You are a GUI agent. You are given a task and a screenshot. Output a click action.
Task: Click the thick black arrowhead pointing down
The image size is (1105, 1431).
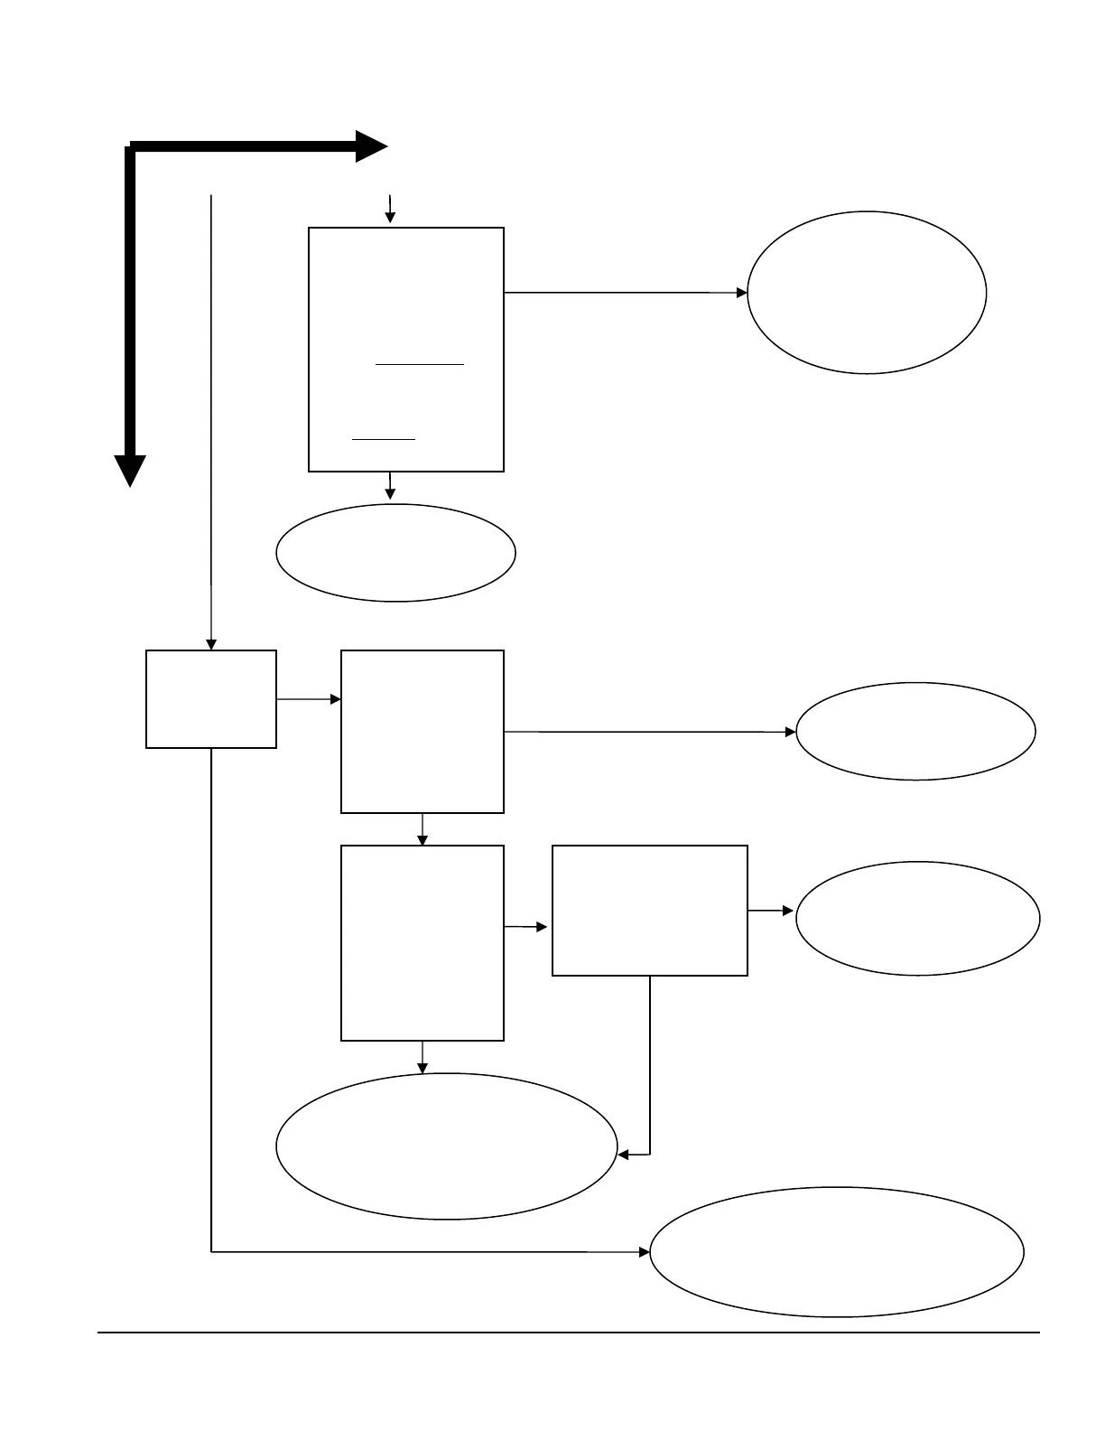pyautogui.click(x=130, y=470)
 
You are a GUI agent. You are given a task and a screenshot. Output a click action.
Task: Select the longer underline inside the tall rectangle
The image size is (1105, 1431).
pyautogui.click(x=420, y=364)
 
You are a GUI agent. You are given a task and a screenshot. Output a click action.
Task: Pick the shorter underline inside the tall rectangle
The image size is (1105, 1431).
pyautogui.click(x=384, y=439)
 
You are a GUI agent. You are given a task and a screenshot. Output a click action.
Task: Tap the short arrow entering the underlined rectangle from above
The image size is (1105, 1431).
pyautogui.click(x=390, y=209)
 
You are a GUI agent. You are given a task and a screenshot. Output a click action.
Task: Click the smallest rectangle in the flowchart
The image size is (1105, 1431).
pyautogui.click(x=211, y=698)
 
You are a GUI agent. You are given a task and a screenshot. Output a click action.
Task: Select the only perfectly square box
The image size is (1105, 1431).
pyautogui.click(x=422, y=731)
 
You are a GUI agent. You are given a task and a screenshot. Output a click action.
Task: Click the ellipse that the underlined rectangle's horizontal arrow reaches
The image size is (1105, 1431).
pyautogui.click(x=867, y=293)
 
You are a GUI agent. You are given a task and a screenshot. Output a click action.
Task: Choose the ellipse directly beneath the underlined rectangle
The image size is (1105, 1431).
pyautogui.click(x=395, y=552)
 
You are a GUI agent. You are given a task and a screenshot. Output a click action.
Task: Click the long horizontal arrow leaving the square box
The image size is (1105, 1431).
pyautogui.click(x=650, y=732)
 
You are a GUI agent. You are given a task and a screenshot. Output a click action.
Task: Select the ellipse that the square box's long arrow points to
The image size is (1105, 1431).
pyautogui.click(x=915, y=731)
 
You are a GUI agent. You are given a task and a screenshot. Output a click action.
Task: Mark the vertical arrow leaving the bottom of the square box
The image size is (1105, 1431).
pyautogui.click(x=422, y=829)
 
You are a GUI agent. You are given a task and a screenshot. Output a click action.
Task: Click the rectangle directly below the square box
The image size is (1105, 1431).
pyautogui.click(x=422, y=942)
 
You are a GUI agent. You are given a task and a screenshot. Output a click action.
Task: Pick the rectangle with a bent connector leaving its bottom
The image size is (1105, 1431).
pyautogui.click(x=650, y=910)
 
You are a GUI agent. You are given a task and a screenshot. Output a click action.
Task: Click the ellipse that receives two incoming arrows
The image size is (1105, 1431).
pyautogui.click(x=447, y=1146)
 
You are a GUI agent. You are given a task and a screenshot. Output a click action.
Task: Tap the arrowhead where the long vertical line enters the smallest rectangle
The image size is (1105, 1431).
pyautogui.click(x=211, y=644)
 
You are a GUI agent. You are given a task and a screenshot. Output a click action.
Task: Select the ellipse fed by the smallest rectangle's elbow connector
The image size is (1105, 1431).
pyautogui.click(x=837, y=1251)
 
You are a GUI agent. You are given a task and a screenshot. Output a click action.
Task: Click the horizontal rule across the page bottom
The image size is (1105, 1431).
pyautogui.click(x=569, y=1332)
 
